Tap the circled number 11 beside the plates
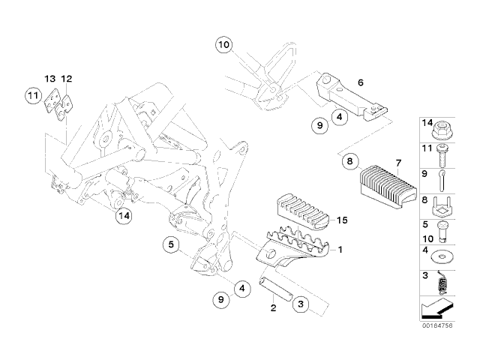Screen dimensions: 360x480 coord(32,95)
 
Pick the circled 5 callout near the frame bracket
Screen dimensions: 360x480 coord(171,244)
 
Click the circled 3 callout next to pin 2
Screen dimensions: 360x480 coord(299,304)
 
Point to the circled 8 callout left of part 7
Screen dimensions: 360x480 coord(349,160)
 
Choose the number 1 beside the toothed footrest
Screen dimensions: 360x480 coord(340,249)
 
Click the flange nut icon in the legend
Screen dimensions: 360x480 coord(444,127)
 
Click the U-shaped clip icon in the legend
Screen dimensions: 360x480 coord(444,203)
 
